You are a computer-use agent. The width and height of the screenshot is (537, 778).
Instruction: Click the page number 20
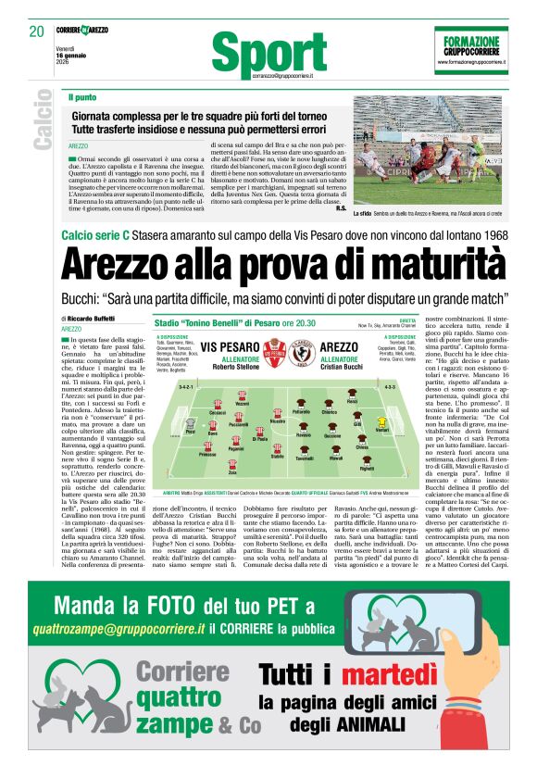[x=36, y=31]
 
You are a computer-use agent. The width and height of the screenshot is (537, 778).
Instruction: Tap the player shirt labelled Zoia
[x=232, y=463]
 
